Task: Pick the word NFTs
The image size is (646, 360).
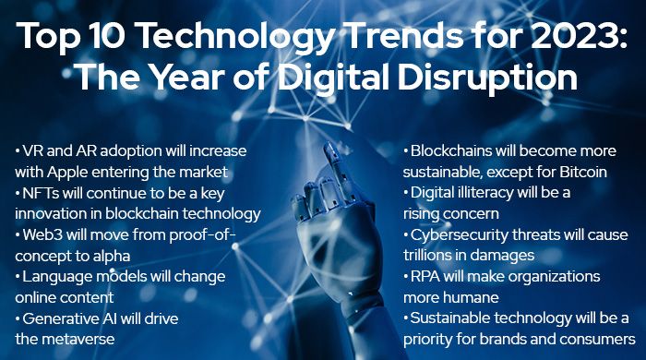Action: coord(42,192)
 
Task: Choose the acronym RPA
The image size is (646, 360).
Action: coord(425,278)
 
